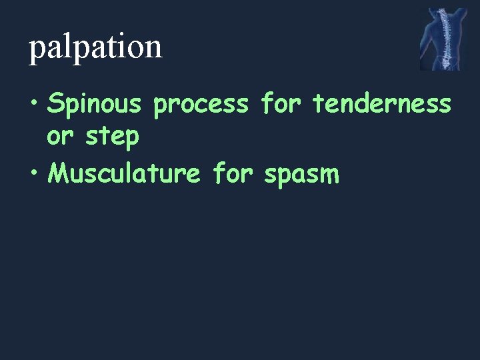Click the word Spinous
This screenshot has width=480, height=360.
pos(95,105)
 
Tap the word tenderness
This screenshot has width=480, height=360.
pos(382,104)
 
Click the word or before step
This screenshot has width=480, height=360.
pos(59,137)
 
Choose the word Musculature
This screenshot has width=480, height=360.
pos(125,173)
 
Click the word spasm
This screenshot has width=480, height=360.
pos(302,174)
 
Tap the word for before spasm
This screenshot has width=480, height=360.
pos(232,173)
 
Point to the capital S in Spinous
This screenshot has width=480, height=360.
pos(56,104)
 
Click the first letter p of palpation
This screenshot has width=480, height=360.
pos(35,49)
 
